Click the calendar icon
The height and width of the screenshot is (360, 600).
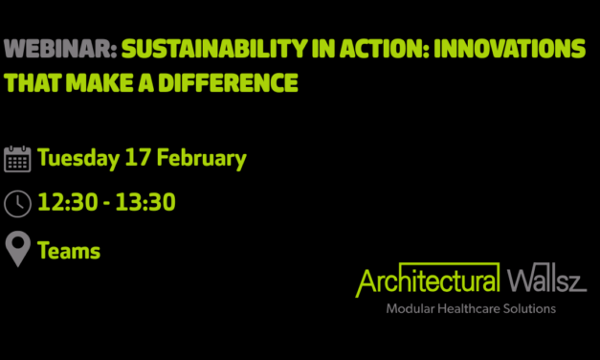pos(17,158)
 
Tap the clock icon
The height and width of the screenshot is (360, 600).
pos(17,204)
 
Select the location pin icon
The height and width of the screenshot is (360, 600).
pos(17,251)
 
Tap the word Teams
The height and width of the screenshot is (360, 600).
pos(69,251)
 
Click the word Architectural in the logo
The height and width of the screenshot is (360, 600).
pos(428,281)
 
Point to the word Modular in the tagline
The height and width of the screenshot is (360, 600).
pos(409,309)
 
